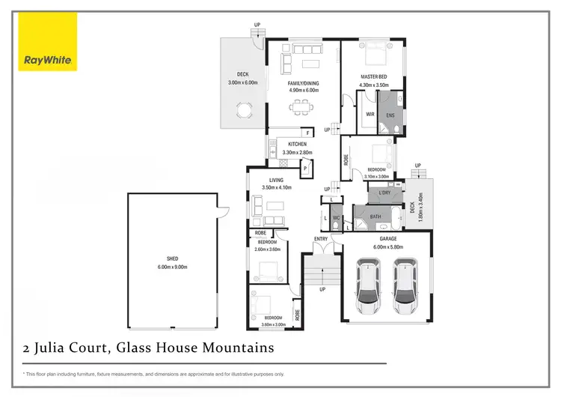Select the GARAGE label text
click(x=387, y=240)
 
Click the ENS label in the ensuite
click(x=390, y=115)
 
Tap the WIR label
click(x=370, y=115)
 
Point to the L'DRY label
click(x=384, y=193)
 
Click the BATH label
click(x=376, y=217)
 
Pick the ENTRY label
click(x=321, y=240)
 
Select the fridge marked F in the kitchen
click(x=308, y=132)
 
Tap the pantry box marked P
click(x=306, y=169)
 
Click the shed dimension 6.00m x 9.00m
click(x=171, y=267)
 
